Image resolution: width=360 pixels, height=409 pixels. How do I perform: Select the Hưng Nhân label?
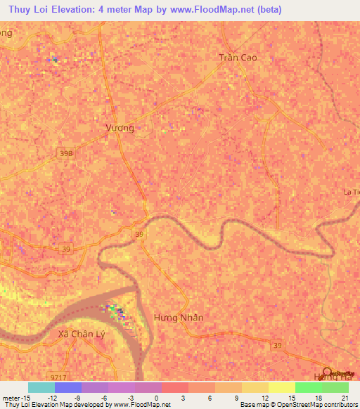pyautogui.click(x=178, y=318)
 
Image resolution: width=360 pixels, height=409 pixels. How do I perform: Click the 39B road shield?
pyautogui.click(x=66, y=152)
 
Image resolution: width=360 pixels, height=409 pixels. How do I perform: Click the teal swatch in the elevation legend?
pyautogui.click(x=41, y=387)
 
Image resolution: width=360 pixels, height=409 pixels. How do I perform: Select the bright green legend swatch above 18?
pyautogui.click(x=309, y=387)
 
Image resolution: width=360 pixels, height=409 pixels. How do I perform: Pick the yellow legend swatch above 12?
pyautogui.click(x=255, y=387)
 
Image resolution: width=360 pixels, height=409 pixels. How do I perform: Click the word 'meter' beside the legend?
pyautogui.click(x=12, y=397)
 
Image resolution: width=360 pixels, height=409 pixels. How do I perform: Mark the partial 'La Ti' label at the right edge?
pyautogui.click(x=351, y=192)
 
